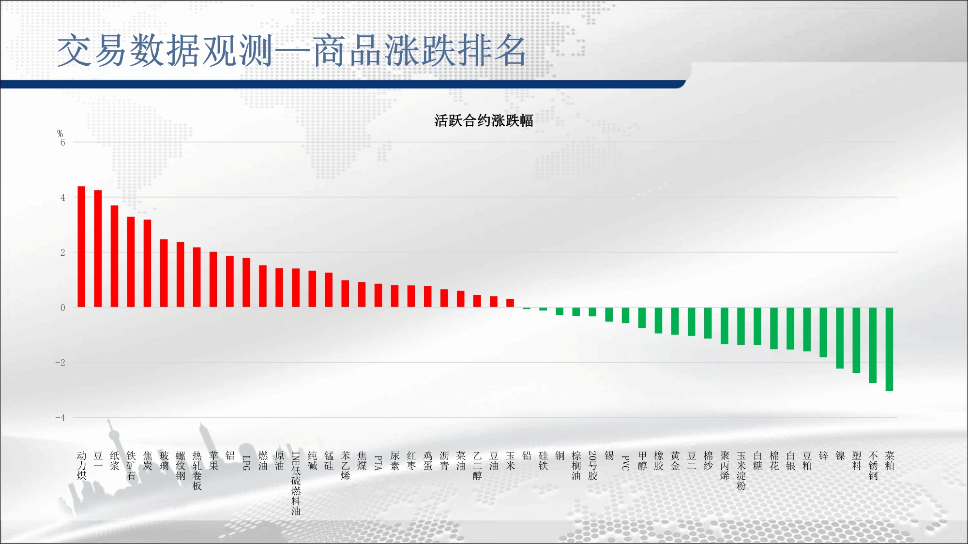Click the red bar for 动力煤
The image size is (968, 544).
[x=81, y=247]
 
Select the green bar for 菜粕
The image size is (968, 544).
[x=889, y=349]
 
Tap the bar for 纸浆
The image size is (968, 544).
[x=114, y=256]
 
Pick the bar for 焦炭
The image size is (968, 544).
[x=147, y=264]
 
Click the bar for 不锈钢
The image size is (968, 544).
[x=873, y=345]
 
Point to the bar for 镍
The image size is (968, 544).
[x=840, y=338]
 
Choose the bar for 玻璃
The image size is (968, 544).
[x=164, y=273]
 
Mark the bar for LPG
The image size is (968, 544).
[x=246, y=282]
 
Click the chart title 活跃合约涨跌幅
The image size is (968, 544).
[x=484, y=120]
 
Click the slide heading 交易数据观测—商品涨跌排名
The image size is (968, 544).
[x=292, y=50]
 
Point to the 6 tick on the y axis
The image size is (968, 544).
[x=62, y=142]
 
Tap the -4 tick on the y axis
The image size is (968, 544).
[x=60, y=418]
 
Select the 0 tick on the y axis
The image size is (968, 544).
[x=62, y=308]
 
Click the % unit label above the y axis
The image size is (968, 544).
[x=60, y=133]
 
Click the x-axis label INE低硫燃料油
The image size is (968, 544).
[x=296, y=483]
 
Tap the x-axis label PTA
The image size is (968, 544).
[x=378, y=463]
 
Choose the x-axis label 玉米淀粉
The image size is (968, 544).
[x=741, y=470]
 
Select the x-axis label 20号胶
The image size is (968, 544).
[x=592, y=466]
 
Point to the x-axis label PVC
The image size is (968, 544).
[x=625, y=463]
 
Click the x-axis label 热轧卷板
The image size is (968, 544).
[x=197, y=470]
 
